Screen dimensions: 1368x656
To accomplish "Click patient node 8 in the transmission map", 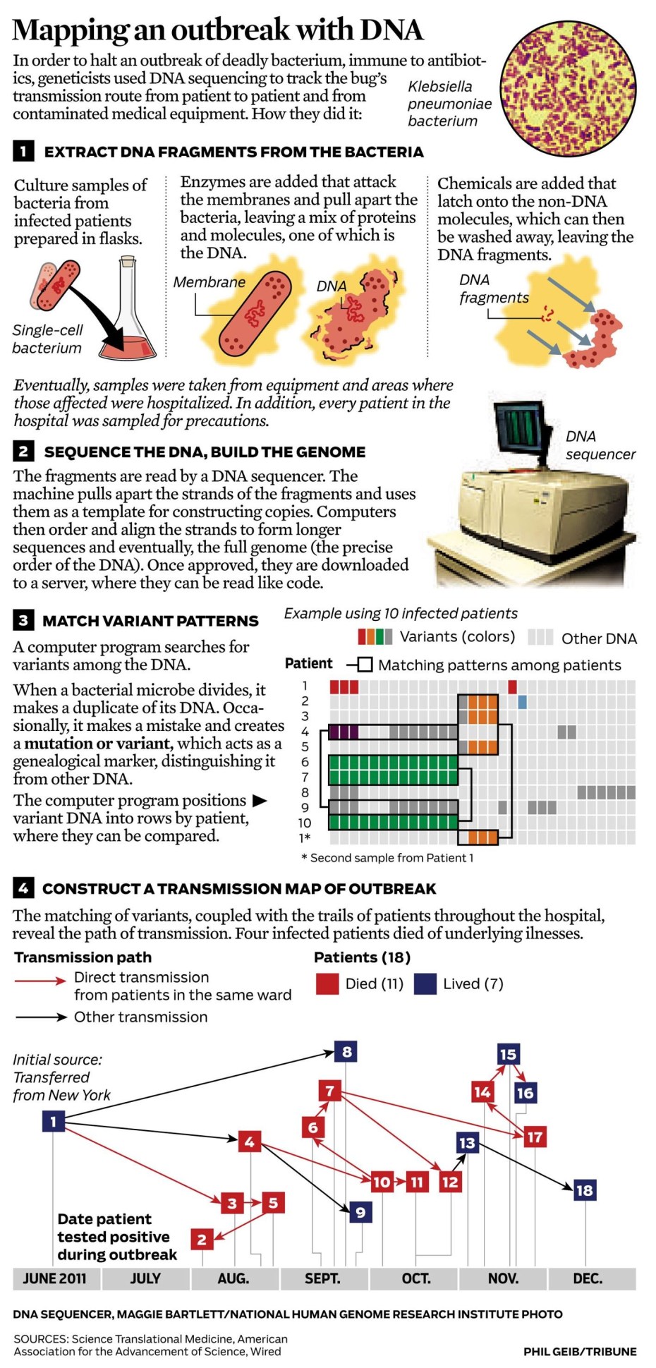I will (346, 1052).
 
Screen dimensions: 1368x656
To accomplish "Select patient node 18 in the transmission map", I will (584, 1190).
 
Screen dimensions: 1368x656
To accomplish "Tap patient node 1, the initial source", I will (53, 1121).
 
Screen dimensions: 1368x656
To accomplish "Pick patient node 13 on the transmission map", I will (467, 1143).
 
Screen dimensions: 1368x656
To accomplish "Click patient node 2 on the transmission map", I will (202, 1239).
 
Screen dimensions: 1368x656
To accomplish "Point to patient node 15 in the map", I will (508, 1055).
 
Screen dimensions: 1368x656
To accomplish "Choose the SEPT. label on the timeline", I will (322, 1278).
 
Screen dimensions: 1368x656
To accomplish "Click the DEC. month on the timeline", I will (588, 1278).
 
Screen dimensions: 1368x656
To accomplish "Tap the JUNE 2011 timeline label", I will (54, 1278).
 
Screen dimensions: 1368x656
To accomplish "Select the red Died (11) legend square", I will (327, 983).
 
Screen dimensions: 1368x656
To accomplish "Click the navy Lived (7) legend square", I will (425, 983).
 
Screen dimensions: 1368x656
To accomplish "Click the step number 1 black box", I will (23, 151).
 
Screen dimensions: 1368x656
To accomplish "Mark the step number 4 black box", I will (23, 888).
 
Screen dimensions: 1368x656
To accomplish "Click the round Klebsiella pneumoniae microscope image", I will (568, 88).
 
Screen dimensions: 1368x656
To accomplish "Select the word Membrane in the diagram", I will (209, 282).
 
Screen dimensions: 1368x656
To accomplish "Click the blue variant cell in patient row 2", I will (522, 702).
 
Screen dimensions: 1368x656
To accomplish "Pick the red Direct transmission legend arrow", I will (41, 981).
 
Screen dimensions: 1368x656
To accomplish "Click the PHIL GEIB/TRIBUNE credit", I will (579, 1351).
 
